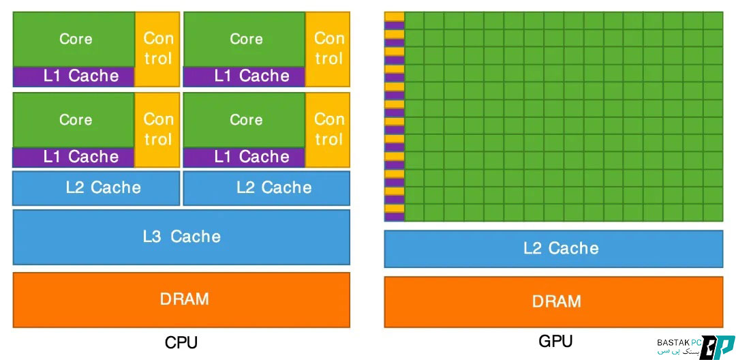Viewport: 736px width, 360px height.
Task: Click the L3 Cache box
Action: click(181, 237)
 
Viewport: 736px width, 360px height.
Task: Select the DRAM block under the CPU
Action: click(181, 299)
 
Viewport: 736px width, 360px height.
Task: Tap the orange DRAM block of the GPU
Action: click(553, 301)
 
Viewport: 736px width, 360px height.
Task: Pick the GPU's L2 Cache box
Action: click(553, 248)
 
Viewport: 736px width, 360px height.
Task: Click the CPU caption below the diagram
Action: click(181, 342)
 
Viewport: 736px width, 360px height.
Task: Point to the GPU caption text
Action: click(555, 340)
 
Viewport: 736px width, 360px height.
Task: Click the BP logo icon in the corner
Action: click(717, 346)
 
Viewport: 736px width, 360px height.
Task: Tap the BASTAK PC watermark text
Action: click(675, 342)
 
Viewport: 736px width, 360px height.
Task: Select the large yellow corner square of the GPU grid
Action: click(394, 16)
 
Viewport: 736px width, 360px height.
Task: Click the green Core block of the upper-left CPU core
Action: click(74, 39)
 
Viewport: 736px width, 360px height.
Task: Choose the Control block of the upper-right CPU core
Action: click(328, 48)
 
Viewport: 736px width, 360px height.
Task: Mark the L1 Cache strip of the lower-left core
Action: click(74, 157)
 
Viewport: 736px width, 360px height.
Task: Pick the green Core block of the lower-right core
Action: click(245, 120)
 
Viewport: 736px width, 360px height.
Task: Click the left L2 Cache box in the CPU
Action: click(96, 187)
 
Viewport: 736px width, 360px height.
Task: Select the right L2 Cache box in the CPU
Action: click(266, 187)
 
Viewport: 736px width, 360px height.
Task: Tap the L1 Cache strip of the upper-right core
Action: click(245, 76)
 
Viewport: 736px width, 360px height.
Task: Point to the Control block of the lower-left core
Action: click(157, 130)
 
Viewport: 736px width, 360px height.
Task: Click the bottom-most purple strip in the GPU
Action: click(394, 217)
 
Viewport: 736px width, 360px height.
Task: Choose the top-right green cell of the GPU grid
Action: click(713, 20)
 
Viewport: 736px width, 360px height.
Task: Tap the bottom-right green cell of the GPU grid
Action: click(713, 213)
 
